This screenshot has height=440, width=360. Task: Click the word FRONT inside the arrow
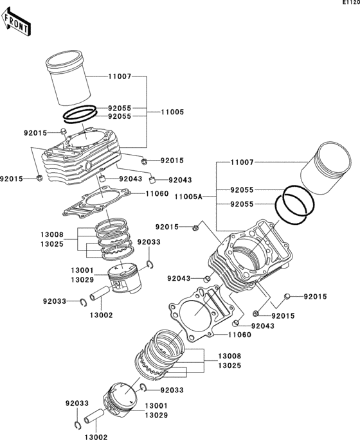(16, 24)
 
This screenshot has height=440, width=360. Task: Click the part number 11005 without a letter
(172, 112)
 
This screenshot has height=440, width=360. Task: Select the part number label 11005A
(188, 197)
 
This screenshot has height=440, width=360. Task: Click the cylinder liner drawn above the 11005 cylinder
(68, 78)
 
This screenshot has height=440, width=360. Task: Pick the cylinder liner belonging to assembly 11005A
(326, 168)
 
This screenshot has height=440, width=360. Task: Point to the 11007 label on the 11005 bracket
(120, 76)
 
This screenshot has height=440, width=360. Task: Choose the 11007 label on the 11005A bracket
(242, 163)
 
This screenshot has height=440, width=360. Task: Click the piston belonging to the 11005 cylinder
(125, 278)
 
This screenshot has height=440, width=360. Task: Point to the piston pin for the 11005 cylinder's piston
(99, 293)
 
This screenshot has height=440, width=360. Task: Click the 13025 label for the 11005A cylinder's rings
(230, 365)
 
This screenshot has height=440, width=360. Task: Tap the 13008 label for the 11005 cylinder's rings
(52, 234)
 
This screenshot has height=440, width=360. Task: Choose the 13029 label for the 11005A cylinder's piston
(156, 416)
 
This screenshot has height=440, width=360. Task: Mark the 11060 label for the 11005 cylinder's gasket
(157, 193)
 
